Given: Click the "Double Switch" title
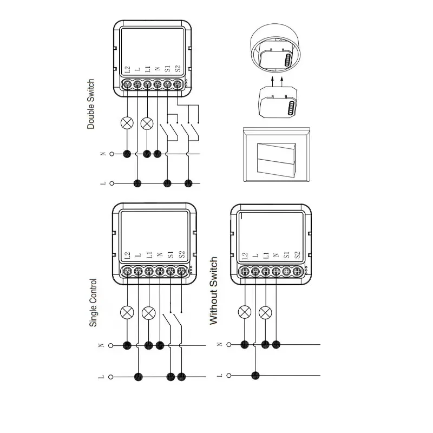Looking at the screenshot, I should [91, 104].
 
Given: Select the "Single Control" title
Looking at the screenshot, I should [93, 303].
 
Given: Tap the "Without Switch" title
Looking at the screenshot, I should [213, 291].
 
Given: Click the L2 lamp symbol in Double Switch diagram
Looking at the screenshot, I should [128, 123].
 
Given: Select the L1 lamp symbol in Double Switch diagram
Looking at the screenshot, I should [147, 123].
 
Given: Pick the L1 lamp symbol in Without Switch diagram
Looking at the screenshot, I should [265, 312].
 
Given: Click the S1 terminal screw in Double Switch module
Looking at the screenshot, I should [167, 84].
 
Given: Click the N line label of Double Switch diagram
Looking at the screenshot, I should [103, 154].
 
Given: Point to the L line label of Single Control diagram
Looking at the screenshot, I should [103, 375].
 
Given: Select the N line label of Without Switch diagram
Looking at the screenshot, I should [219, 344].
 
